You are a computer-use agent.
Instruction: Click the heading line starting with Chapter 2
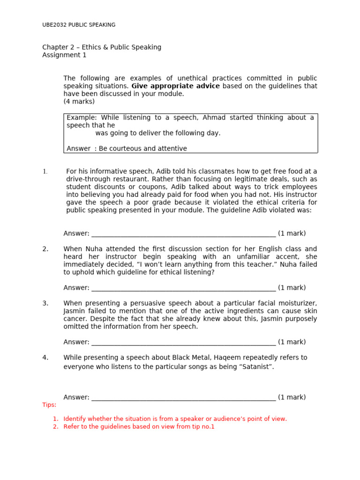point(102,47)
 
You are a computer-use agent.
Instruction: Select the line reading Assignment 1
point(64,55)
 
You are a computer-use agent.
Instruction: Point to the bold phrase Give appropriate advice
point(175,86)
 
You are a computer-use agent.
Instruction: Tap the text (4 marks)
point(79,102)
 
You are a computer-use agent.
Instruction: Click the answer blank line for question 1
point(183,234)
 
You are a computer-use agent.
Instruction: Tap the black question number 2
point(45,249)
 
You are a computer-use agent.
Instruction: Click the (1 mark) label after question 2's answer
point(292,288)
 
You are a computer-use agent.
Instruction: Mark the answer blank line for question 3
point(183,343)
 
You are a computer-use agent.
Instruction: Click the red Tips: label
point(49,405)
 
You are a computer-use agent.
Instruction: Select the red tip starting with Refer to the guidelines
point(139,427)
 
